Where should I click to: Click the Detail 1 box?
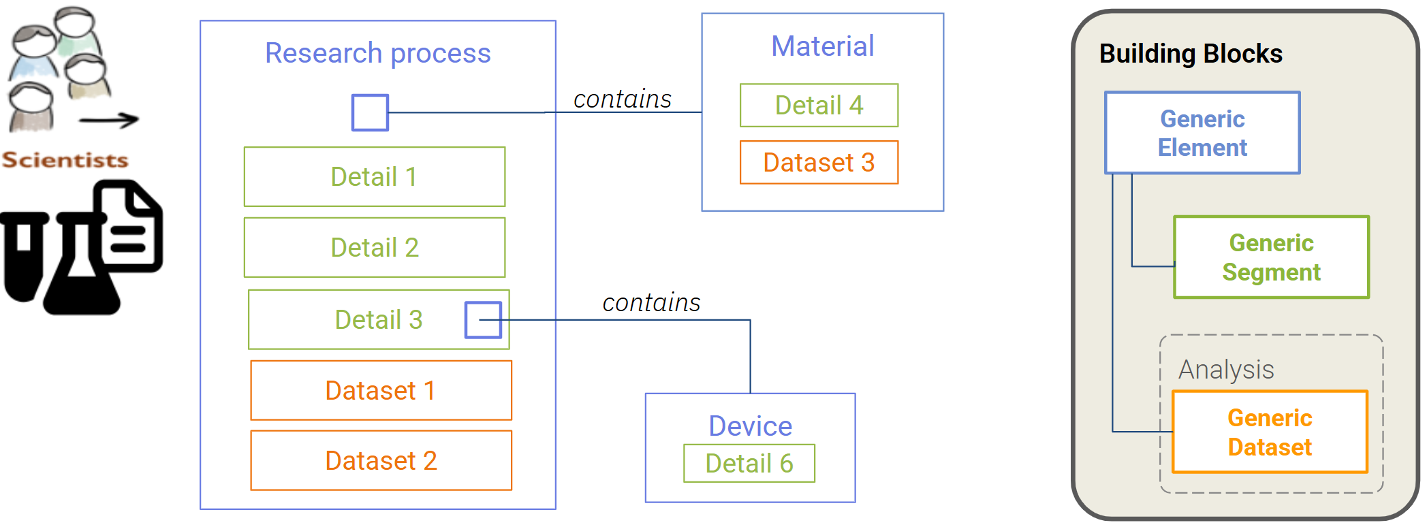tap(375, 177)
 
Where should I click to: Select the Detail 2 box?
tap(375, 248)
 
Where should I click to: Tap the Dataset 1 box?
tap(381, 391)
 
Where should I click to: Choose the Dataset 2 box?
tap(381, 461)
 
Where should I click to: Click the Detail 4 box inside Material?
tap(819, 106)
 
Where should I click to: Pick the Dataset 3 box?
tap(819, 163)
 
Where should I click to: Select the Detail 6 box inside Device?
tap(749, 464)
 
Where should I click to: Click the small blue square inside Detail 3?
tap(483, 320)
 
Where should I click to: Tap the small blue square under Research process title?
tap(370, 112)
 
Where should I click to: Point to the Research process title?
tap(377, 53)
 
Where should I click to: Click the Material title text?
tap(822, 46)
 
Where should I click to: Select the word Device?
tap(750, 426)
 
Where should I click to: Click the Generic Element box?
tap(1202, 133)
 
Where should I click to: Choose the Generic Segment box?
tap(1271, 257)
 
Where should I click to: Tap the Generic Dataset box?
tap(1270, 432)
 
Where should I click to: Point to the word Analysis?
tap(1226, 370)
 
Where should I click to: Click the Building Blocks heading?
tap(1191, 54)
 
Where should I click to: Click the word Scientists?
tap(65, 160)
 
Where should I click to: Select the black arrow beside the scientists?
tap(109, 121)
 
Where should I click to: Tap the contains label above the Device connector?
tap(651, 303)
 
